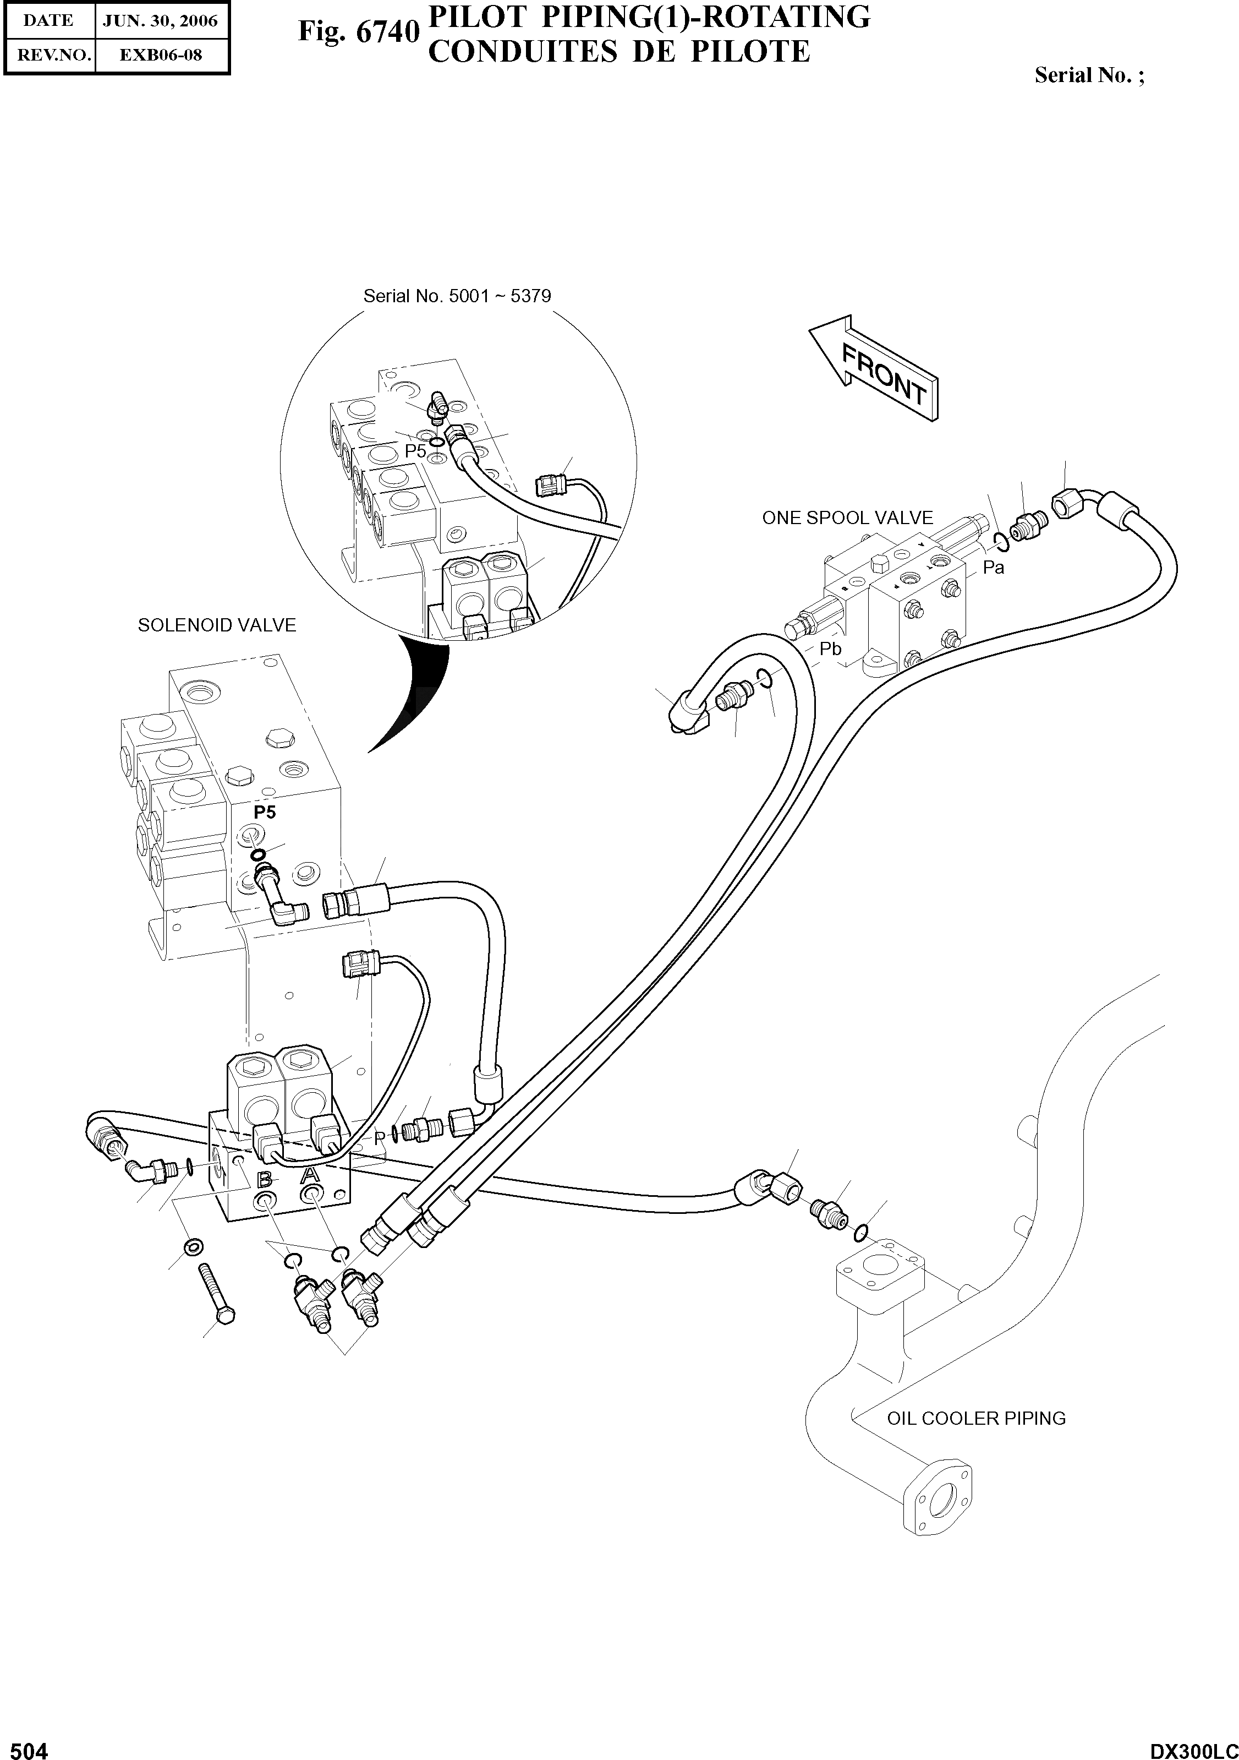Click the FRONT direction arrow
coord(874,370)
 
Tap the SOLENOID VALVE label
coord(217,625)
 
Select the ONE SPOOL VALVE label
coord(847,517)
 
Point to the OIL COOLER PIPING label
coord(975,1419)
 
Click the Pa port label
coord(993,568)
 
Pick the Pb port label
coord(831,649)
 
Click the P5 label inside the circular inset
coord(415,451)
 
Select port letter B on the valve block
coord(264,1180)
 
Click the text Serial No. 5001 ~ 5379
coord(457,296)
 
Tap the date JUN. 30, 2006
coord(160,21)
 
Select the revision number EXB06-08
coord(160,55)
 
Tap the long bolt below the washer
coord(217,1293)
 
